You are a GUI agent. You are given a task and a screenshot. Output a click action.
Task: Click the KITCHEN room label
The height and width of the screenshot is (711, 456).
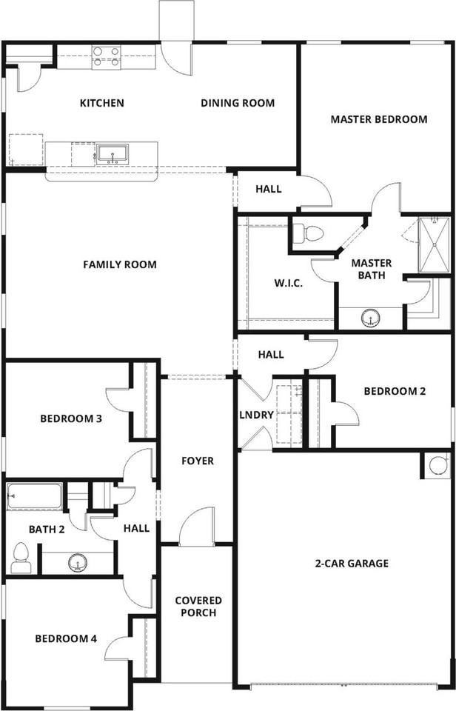point(102,103)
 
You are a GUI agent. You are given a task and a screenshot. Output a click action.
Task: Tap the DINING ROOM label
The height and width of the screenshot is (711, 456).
point(238,103)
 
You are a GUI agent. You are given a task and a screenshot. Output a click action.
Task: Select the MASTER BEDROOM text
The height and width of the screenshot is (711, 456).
point(378,118)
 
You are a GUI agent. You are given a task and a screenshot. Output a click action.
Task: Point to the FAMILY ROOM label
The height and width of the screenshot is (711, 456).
point(120,264)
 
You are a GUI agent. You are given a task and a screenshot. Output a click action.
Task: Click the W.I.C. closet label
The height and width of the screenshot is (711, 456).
point(288,283)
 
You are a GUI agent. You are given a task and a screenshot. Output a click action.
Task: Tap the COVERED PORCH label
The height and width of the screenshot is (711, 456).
point(198,606)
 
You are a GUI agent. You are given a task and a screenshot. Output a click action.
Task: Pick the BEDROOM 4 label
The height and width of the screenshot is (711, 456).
point(67,638)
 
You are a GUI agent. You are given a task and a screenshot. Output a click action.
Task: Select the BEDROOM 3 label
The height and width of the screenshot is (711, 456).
point(70,418)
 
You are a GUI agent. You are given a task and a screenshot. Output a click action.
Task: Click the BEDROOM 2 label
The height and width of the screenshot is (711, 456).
point(395,391)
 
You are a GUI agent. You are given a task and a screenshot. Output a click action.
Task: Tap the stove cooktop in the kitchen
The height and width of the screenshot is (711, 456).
point(106,57)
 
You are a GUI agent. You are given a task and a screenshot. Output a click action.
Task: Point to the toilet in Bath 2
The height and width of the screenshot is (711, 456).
point(21,558)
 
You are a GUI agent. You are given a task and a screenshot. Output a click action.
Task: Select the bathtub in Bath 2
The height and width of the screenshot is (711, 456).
point(35,496)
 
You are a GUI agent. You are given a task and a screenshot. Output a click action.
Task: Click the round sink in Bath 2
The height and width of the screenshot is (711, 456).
point(77,563)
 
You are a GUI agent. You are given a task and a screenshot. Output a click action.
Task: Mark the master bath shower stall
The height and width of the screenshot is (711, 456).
point(434,245)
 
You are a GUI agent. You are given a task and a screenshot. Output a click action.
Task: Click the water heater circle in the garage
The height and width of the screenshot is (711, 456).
point(437,465)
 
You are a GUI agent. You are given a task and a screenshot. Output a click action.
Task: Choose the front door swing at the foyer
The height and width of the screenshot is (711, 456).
point(196,527)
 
